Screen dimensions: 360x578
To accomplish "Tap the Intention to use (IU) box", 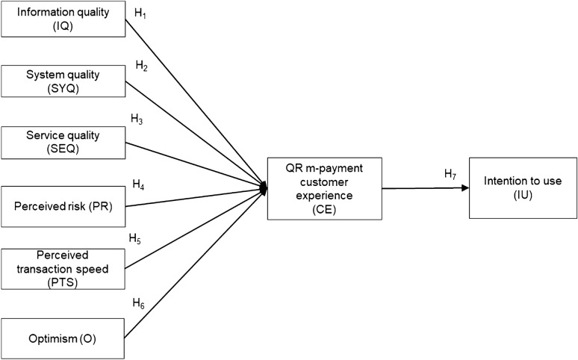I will [x=523, y=187].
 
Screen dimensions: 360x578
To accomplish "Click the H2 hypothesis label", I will [x=141, y=65].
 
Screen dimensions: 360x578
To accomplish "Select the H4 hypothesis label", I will [x=138, y=183].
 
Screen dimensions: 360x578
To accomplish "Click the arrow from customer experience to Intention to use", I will [x=422, y=188].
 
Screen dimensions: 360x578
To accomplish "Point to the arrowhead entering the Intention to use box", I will [x=464, y=188].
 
